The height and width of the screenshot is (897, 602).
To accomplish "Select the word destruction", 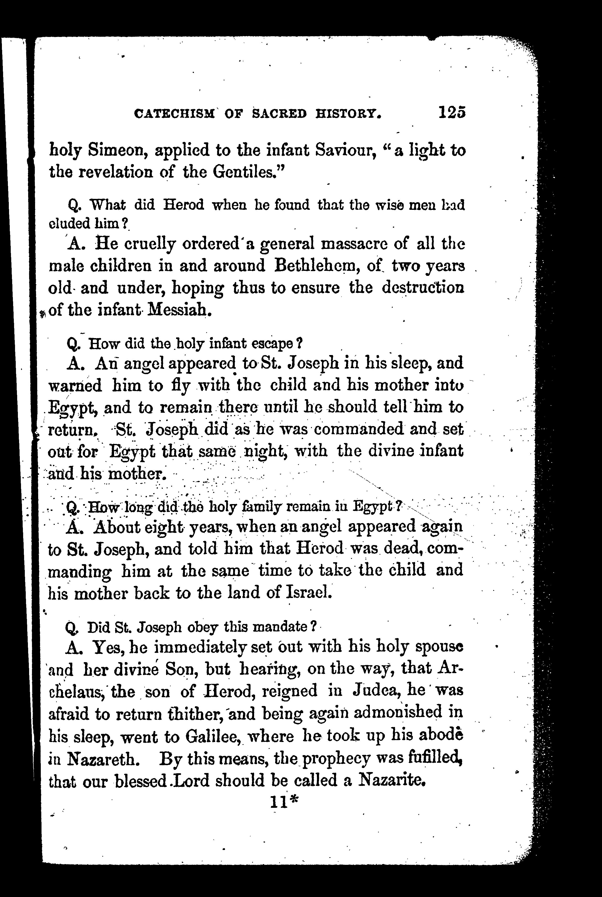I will (423, 288).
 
